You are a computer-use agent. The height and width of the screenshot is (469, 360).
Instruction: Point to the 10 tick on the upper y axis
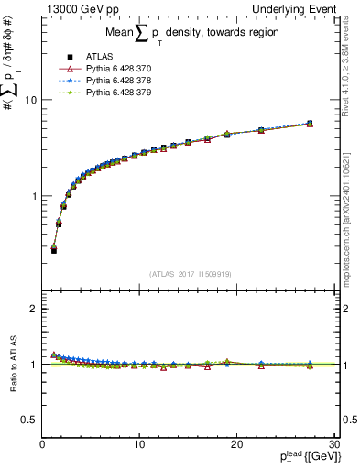pyautogui.click(x=30, y=100)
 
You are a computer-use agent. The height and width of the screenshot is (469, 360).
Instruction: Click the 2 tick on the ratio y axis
pyautogui.click(x=34, y=309)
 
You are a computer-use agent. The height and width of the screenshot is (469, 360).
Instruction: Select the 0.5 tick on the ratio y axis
pyautogui.click(x=29, y=420)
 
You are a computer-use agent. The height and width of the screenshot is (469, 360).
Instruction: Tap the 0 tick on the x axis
pyautogui.click(x=43, y=445)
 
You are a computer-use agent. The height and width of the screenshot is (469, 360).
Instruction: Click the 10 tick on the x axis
pyautogui.click(x=139, y=445)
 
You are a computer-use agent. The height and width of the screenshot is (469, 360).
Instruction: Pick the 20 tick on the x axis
pyautogui.click(x=236, y=445)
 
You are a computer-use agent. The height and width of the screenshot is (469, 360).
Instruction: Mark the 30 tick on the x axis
pyautogui.click(x=333, y=445)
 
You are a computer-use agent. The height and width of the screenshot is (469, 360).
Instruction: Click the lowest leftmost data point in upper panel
pyautogui.click(x=54, y=250)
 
